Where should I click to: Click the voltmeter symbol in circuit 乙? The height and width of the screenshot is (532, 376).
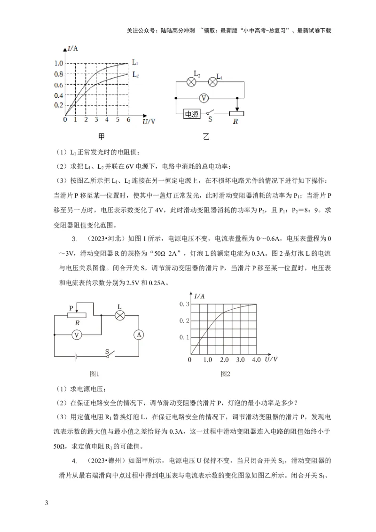(204, 98)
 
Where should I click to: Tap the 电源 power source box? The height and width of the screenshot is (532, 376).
(191, 114)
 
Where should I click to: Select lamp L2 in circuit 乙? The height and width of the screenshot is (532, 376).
(191, 82)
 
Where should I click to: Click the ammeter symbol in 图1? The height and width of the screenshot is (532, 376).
(138, 334)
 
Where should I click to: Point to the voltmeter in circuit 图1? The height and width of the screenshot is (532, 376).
(78, 334)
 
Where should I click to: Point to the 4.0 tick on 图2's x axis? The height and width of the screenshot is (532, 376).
(256, 360)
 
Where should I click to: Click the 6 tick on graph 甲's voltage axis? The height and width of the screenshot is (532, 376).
(128, 120)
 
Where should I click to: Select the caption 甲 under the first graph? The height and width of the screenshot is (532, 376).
(101, 137)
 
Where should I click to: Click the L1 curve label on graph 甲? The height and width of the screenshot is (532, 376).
(135, 62)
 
